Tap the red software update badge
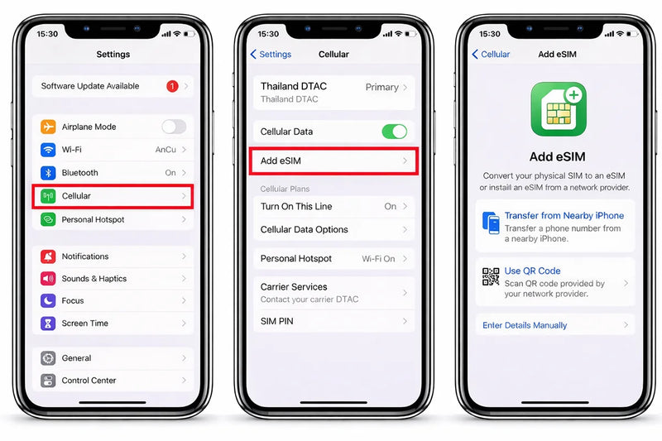click(x=172, y=86)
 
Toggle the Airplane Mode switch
click(x=174, y=127)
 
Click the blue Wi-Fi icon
click(x=48, y=150)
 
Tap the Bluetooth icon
click(x=48, y=173)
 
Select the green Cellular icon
click(x=48, y=196)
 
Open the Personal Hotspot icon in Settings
click(x=48, y=219)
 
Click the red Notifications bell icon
click(x=48, y=256)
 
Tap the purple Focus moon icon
click(x=48, y=300)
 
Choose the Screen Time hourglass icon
click(x=48, y=324)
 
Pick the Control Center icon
click(x=48, y=381)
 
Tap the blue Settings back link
click(x=271, y=54)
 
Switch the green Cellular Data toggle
click(x=395, y=132)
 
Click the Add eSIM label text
click(x=281, y=161)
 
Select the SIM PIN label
click(x=277, y=321)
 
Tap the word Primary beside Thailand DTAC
click(x=382, y=87)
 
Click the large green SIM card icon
click(x=558, y=109)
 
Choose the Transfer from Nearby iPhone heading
click(x=564, y=216)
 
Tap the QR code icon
click(x=491, y=277)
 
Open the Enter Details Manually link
click(x=525, y=325)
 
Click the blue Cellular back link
click(x=491, y=54)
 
